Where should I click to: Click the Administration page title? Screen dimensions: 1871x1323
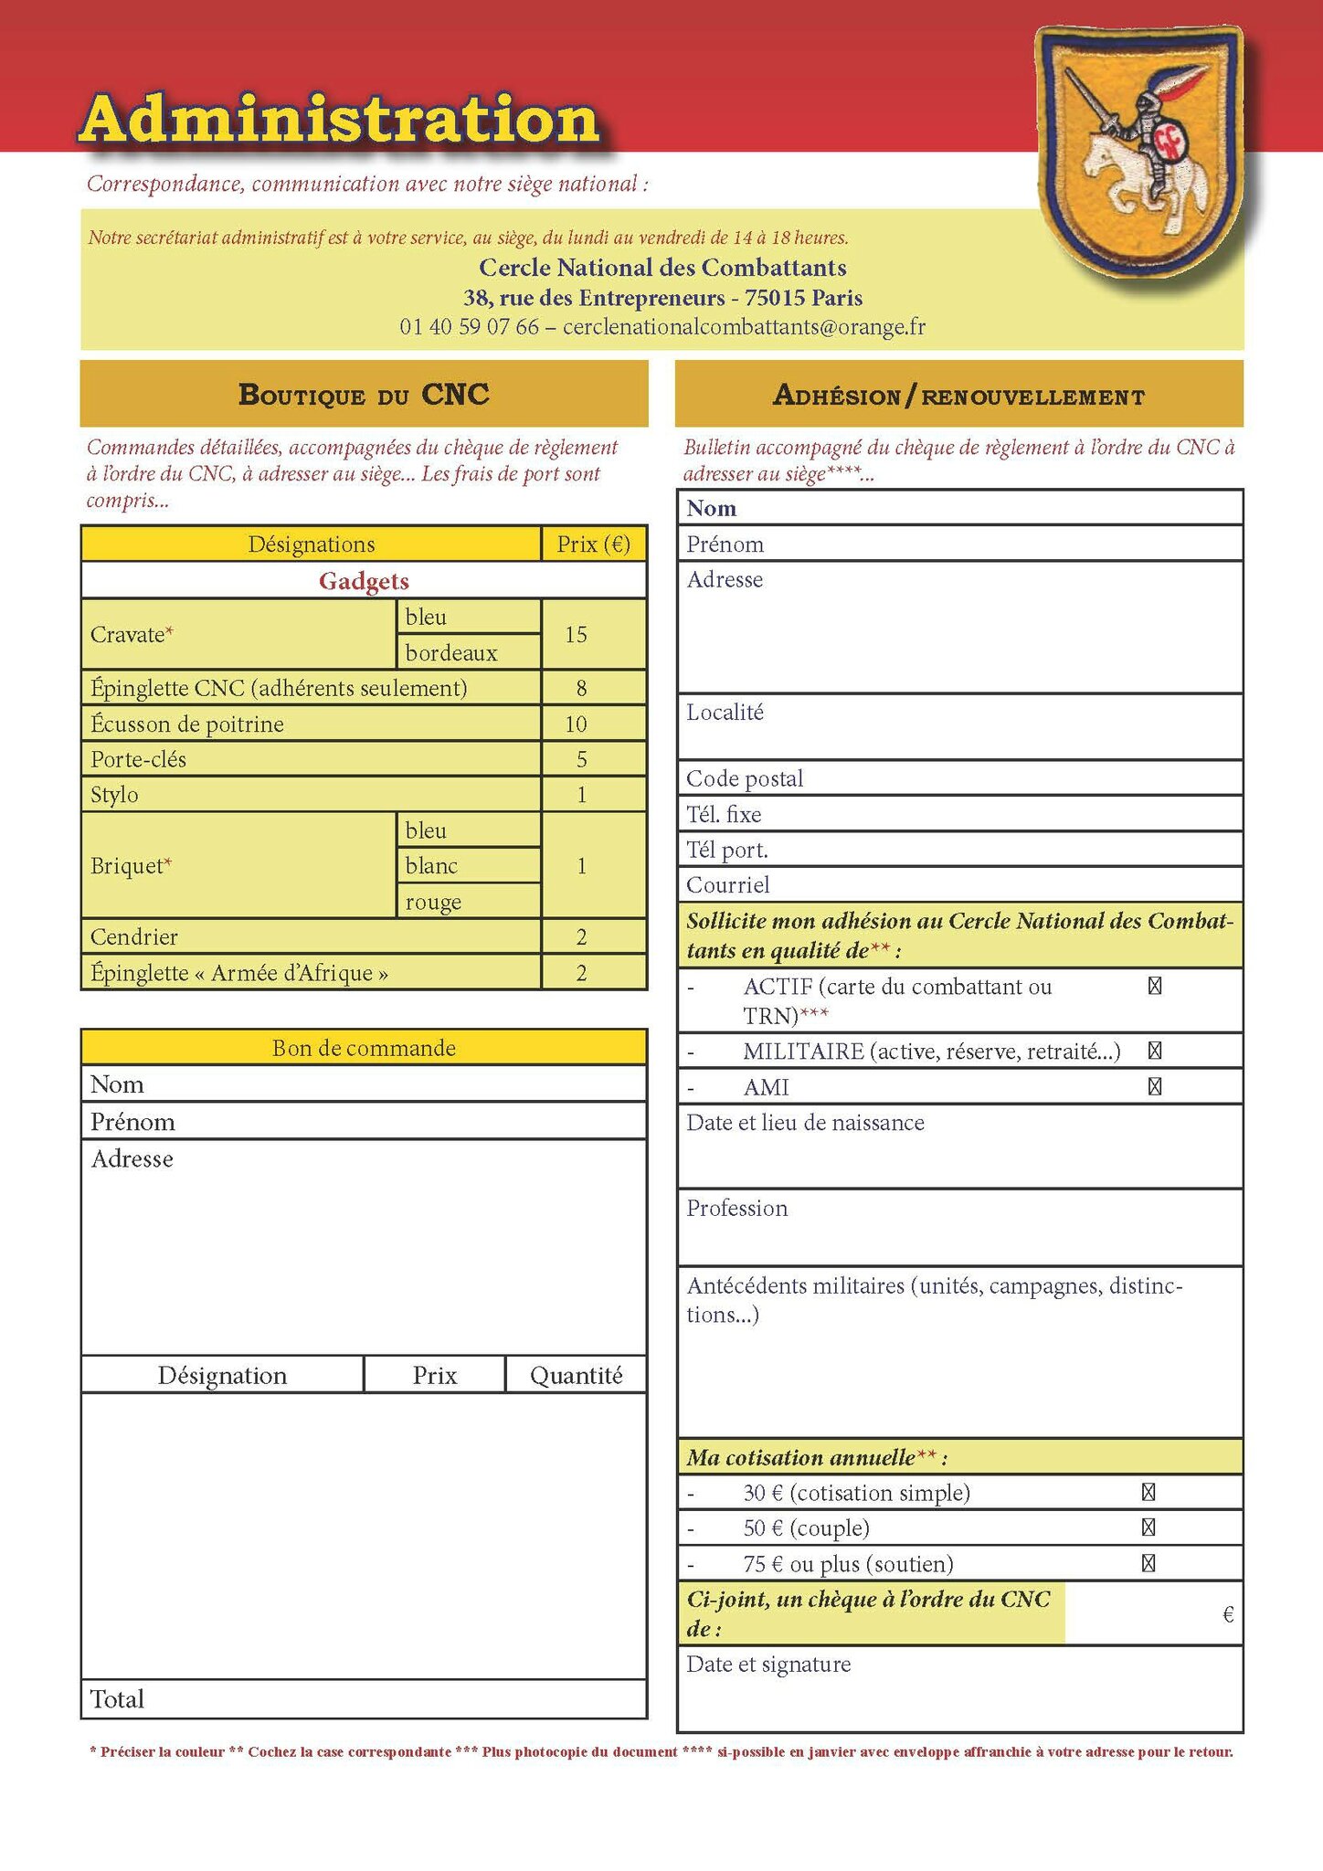(339, 119)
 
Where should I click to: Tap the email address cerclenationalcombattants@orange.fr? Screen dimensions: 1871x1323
(744, 327)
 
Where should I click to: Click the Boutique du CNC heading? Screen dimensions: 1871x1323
(364, 394)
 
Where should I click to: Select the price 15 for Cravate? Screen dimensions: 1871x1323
(576, 635)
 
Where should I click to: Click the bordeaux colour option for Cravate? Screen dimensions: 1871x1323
(451, 653)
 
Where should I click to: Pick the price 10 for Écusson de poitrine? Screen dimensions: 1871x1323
(576, 724)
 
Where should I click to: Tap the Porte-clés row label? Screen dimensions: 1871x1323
(138, 759)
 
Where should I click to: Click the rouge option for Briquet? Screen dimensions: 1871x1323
(433, 902)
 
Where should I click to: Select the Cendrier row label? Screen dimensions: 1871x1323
(134, 936)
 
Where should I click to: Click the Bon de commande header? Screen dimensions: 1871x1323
(364, 1048)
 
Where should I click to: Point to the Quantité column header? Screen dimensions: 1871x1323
(576, 1376)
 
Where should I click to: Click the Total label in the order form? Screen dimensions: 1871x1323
(117, 1699)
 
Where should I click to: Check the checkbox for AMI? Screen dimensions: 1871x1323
(1155, 1087)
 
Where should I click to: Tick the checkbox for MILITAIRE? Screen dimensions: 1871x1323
(1155, 1051)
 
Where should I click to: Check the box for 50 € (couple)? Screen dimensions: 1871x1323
(1148, 1527)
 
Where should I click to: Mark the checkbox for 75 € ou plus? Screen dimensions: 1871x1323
(1148, 1563)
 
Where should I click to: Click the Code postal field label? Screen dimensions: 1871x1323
(745, 778)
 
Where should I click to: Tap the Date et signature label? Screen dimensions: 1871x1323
(768, 1665)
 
